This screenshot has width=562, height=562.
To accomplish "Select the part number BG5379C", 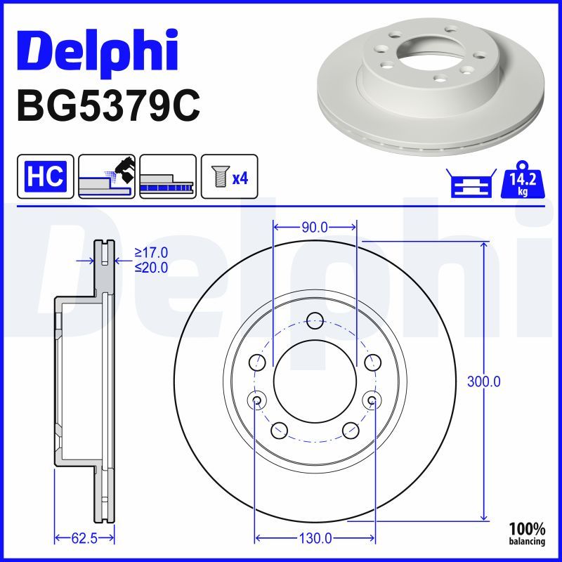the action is [x=109, y=107].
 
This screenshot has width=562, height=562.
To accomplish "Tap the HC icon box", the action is [x=46, y=176].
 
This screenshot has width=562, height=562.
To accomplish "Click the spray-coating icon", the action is [x=107, y=176].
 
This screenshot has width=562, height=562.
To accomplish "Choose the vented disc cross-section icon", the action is [x=168, y=176].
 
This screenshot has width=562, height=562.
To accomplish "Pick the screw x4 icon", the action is [x=230, y=176].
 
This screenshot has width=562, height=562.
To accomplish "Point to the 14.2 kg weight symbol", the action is [x=523, y=180].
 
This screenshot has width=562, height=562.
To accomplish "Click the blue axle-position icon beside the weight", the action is [x=471, y=183].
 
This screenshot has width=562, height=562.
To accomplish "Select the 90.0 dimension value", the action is [x=315, y=227].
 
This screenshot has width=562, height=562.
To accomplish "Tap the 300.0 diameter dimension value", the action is [x=483, y=381].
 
